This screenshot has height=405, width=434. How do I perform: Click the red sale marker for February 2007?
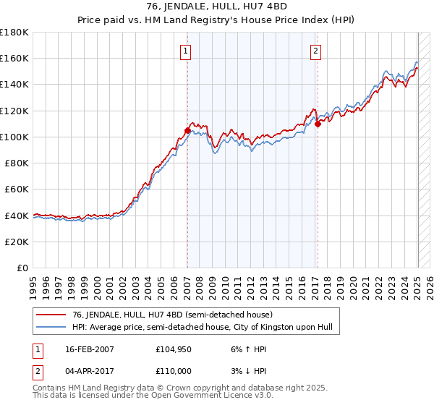pos(187,130)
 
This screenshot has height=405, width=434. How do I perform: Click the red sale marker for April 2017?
pos(318,124)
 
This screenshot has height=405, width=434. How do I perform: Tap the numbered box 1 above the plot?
pos(187,51)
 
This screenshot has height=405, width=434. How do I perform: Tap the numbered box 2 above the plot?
pos(317,51)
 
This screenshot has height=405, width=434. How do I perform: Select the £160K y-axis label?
pos(15,58)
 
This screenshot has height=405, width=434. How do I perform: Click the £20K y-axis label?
pos(18,242)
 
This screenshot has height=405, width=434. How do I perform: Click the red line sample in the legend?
pos(51,315)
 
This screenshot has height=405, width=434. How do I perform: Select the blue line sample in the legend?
pos(51,328)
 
